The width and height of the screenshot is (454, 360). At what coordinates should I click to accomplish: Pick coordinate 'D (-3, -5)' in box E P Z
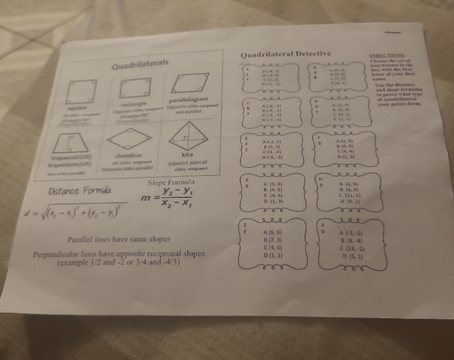tap(274, 157)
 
